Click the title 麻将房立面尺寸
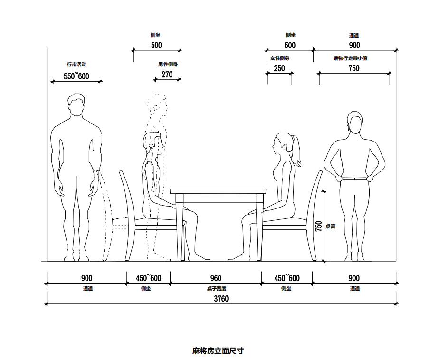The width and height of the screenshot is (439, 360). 218,351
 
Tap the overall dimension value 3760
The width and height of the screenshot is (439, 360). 221,299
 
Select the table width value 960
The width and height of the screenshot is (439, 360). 216,278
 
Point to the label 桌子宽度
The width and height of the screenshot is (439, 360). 216,288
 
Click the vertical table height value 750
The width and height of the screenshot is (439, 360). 319,226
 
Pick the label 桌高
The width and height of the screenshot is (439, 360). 331,226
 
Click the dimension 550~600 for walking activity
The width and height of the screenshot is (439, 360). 76,76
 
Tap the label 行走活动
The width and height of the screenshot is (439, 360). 76,64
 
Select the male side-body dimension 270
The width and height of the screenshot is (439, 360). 167,74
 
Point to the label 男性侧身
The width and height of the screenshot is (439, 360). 168,64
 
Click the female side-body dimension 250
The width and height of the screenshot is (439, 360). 279,68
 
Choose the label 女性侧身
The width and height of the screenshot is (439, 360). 280,58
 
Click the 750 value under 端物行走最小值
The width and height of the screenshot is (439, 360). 354,68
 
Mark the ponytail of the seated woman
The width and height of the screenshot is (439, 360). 298,151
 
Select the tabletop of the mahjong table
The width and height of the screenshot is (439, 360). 219,191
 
